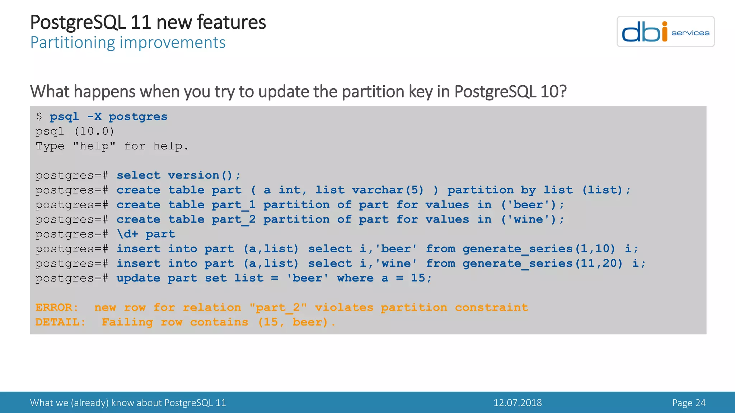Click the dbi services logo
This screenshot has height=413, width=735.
665,32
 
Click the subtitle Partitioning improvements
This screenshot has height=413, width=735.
128,43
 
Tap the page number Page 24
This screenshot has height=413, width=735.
689,403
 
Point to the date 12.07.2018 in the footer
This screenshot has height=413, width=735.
518,403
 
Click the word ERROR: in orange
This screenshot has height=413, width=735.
57,308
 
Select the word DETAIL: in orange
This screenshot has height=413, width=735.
60,322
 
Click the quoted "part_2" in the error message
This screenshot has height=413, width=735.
278,308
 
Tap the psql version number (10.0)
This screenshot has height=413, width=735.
94,132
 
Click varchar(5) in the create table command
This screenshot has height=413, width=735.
388,190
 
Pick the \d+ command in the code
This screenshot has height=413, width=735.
127,234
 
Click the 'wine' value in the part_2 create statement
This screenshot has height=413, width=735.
528,219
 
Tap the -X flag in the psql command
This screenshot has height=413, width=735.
94,117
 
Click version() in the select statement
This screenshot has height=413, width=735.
200,175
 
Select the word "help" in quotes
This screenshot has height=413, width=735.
94,146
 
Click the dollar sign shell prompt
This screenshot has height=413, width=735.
39,117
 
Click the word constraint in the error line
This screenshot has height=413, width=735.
491,308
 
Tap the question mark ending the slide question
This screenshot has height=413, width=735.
563,92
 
